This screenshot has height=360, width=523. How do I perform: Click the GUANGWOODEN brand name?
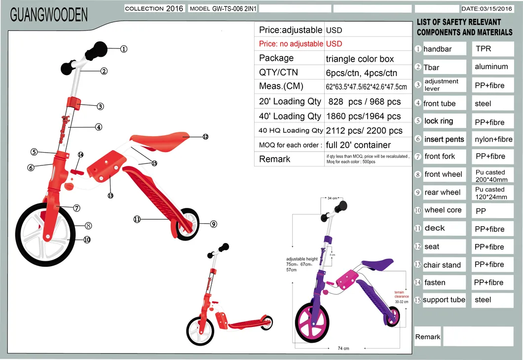click(49, 15)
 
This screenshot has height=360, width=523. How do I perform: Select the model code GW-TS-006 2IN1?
click(223, 8)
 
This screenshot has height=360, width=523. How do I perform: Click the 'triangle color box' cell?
click(360, 59)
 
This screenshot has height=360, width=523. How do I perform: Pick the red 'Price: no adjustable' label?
click(291, 44)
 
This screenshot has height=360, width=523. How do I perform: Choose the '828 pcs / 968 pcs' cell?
click(365, 102)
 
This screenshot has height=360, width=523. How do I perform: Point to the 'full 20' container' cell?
click(358, 145)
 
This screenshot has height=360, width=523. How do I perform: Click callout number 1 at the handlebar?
click(123, 49)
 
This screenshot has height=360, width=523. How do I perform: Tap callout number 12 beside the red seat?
click(205, 137)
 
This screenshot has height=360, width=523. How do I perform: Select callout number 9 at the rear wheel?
click(213, 224)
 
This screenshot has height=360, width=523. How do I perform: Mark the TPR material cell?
click(483, 49)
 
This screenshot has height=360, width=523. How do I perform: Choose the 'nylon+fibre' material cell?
click(493, 139)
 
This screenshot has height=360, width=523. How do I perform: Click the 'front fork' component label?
click(440, 157)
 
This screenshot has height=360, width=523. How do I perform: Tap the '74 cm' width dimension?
click(343, 349)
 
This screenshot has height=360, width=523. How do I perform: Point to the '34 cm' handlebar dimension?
click(332, 198)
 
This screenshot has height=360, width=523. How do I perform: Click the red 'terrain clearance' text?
click(402, 294)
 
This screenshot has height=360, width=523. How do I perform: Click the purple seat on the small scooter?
click(377, 265)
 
